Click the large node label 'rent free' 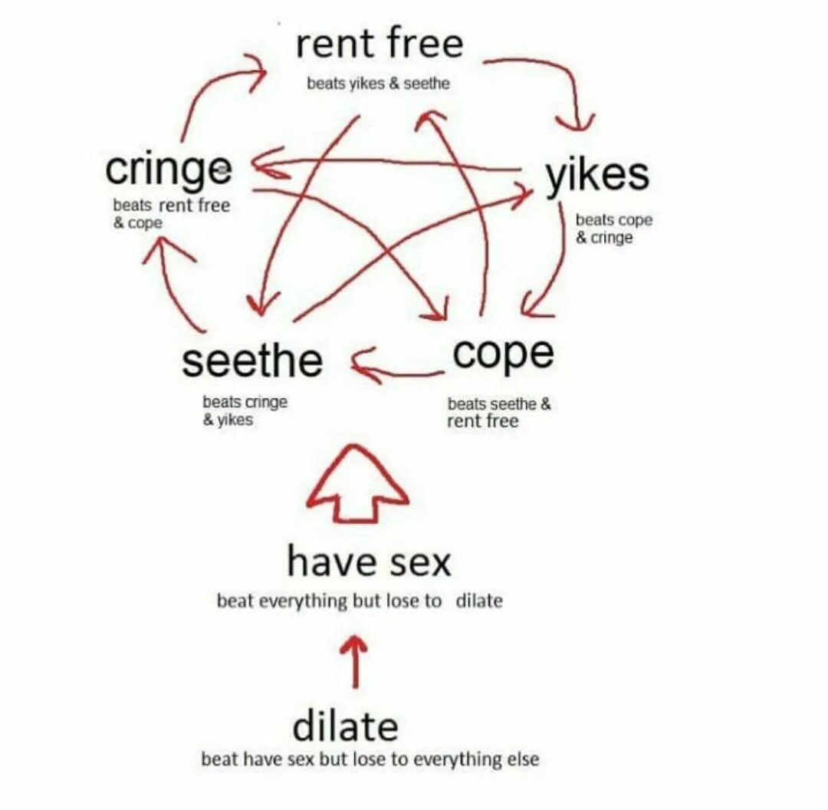pyautogui.click(x=379, y=44)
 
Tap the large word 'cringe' pyautogui.click(x=169, y=170)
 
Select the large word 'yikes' pyautogui.click(x=597, y=176)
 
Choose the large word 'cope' pyautogui.click(x=503, y=354)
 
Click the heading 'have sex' pyautogui.click(x=369, y=561)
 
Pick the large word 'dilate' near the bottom pyautogui.click(x=345, y=726)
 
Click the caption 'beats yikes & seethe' pyautogui.click(x=378, y=84)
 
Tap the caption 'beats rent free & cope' pyautogui.click(x=170, y=214)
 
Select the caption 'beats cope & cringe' pyautogui.click(x=613, y=229)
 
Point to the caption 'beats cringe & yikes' pyautogui.click(x=245, y=410)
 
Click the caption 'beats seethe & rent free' pyautogui.click(x=498, y=412)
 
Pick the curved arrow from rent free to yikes pyautogui.click(x=552, y=73)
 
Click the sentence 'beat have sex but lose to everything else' pyautogui.click(x=370, y=759)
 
